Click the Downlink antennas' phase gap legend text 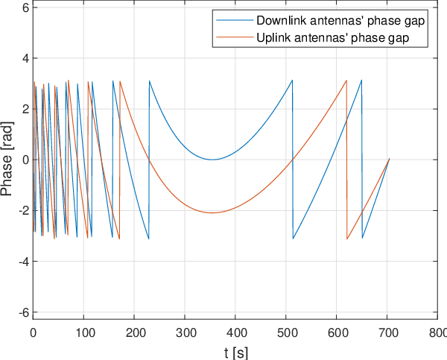[340, 21]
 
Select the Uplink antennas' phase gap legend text [333, 37]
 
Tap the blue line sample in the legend [235, 20]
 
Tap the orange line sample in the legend [235, 37]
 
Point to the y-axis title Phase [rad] [6, 160]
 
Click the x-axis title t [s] [235, 353]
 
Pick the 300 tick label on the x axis [185, 332]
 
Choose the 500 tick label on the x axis [286, 332]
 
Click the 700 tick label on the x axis [387, 332]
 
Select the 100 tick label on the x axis [83, 332]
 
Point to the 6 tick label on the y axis [26, 7]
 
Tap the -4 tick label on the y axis [24, 262]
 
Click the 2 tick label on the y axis [26, 109]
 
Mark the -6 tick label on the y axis [24, 312]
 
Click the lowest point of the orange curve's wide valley [212, 213]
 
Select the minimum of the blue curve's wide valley [212, 160]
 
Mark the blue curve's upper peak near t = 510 [292, 80]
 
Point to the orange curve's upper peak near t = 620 [346, 80]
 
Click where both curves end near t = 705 [389, 159]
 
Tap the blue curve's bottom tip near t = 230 [148, 239]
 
